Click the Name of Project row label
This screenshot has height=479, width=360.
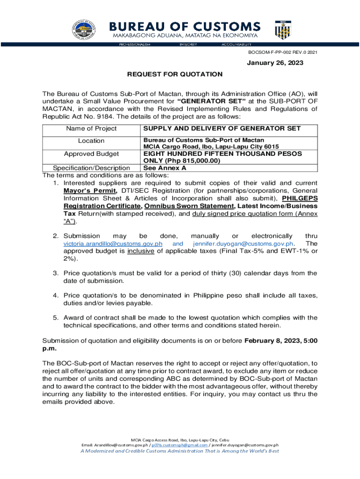tap(91, 129)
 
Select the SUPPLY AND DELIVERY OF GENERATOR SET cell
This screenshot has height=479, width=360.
tap(222, 129)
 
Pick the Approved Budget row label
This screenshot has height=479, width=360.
tap(91, 153)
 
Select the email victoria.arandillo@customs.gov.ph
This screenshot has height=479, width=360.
tap(113, 244)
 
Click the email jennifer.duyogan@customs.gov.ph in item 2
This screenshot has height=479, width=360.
tap(243, 244)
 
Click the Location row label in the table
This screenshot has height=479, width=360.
tap(91, 141)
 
